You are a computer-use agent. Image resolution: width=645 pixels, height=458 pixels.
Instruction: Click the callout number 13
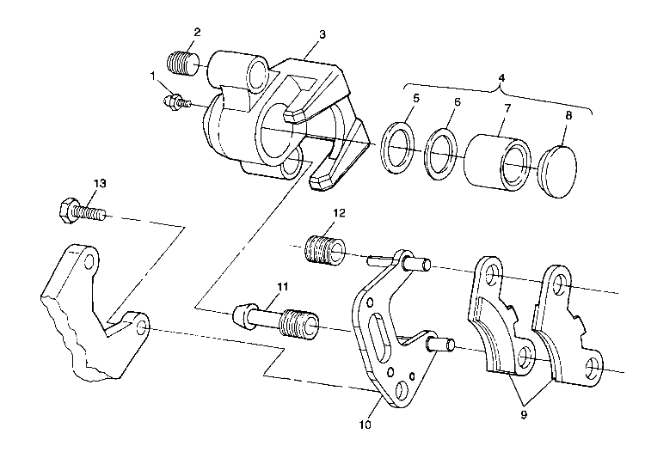[100, 183]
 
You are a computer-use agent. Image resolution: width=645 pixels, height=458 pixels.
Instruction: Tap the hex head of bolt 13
[66, 211]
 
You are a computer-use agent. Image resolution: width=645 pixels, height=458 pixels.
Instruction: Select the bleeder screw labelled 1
[177, 102]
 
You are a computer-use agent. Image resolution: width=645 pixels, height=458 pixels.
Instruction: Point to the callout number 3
[322, 34]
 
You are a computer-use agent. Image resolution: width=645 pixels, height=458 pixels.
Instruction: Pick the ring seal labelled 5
[397, 148]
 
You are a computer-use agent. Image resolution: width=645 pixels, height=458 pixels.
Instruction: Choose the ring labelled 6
[441, 154]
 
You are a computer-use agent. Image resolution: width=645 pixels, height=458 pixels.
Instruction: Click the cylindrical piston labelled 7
[497, 163]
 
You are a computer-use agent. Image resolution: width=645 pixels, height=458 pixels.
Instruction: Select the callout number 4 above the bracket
[501, 77]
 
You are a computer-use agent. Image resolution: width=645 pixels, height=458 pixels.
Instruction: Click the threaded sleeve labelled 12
[324, 250]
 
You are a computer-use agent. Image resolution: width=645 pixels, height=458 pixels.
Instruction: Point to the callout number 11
[283, 286]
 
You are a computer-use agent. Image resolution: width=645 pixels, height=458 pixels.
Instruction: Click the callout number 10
[365, 424]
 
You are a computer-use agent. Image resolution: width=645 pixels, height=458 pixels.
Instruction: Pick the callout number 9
[524, 415]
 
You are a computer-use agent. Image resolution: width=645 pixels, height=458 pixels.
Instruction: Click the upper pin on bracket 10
[416, 262]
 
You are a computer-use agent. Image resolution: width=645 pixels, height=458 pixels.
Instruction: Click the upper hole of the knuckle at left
[89, 260]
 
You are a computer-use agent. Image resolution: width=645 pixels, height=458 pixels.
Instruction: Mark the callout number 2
[197, 32]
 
